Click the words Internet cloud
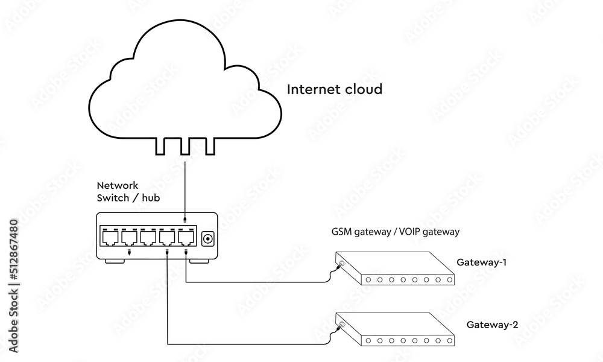pyautogui.click(x=335, y=89)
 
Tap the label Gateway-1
pyautogui.click(x=481, y=262)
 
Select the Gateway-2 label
pyautogui.click(x=492, y=325)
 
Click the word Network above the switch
pyautogui.click(x=118, y=185)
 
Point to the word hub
pyautogui.click(x=151, y=198)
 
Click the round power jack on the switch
pyautogui.click(x=208, y=239)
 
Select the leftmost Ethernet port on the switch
pyautogui.click(x=110, y=238)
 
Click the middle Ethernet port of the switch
pyautogui.click(x=148, y=238)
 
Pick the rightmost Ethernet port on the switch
pyautogui.click(x=186, y=238)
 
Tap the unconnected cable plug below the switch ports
pyautogui.click(x=129, y=252)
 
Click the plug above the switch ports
pyautogui.click(x=185, y=220)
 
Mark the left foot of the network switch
pyautogui.click(x=115, y=261)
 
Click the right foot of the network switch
pyautogui.click(x=199, y=261)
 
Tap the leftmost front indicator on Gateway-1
pyautogui.click(x=368, y=280)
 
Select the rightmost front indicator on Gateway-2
pyautogui.click(x=450, y=341)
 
